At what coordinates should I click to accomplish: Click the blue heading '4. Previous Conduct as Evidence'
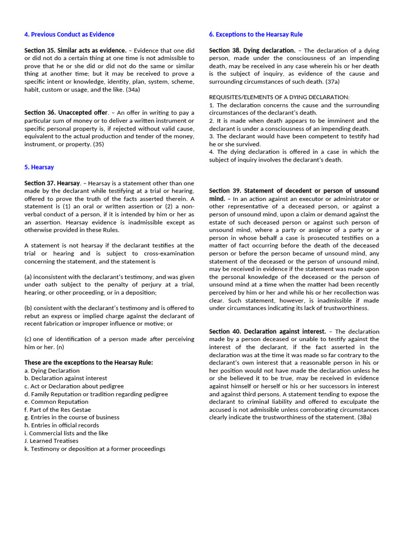69,35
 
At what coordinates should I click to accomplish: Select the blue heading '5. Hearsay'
39,167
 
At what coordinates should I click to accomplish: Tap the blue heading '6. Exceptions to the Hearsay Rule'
256,35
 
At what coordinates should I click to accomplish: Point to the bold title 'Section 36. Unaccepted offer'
66,113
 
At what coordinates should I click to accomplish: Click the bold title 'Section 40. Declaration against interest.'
267,332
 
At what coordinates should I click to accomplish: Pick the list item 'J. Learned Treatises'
51,441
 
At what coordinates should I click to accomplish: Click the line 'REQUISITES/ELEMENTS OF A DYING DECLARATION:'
279,97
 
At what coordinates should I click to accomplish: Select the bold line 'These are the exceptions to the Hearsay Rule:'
89,363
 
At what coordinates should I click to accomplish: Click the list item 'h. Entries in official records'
62,425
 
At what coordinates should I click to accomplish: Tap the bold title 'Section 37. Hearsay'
52,183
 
